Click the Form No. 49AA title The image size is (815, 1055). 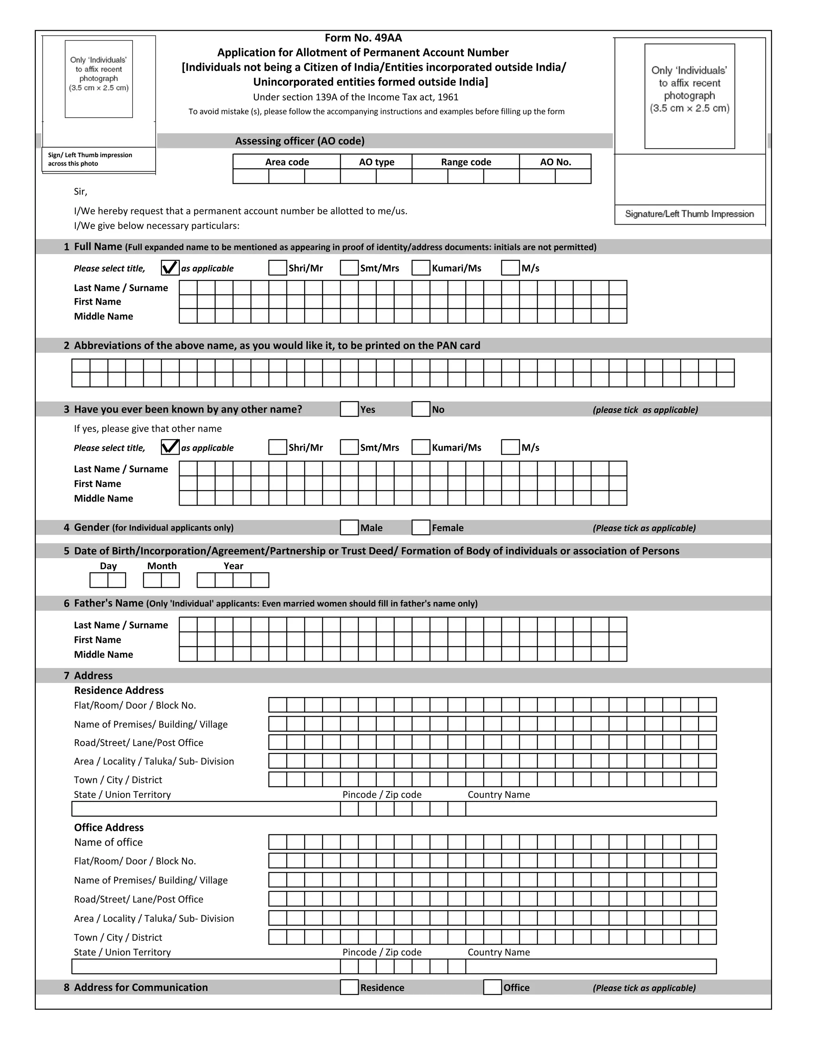pos(363,38)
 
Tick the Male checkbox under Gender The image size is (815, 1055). pos(349,527)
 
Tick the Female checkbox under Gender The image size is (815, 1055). pos(421,527)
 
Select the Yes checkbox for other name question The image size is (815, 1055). pos(349,409)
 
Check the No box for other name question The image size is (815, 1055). pos(421,409)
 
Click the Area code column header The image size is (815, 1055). pos(287,162)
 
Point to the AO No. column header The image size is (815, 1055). pos(555,162)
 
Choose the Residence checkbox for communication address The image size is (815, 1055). pos(349,987)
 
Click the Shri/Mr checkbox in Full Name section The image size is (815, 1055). pos(278,268)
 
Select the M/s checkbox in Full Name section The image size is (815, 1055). pos(510,268)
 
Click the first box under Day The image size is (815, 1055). pos(99,580)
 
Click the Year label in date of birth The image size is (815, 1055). pos(233,566)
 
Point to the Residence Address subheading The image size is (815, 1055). pos(119,690)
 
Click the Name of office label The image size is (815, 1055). pos(108,842)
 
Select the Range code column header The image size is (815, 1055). pos(466,162)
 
